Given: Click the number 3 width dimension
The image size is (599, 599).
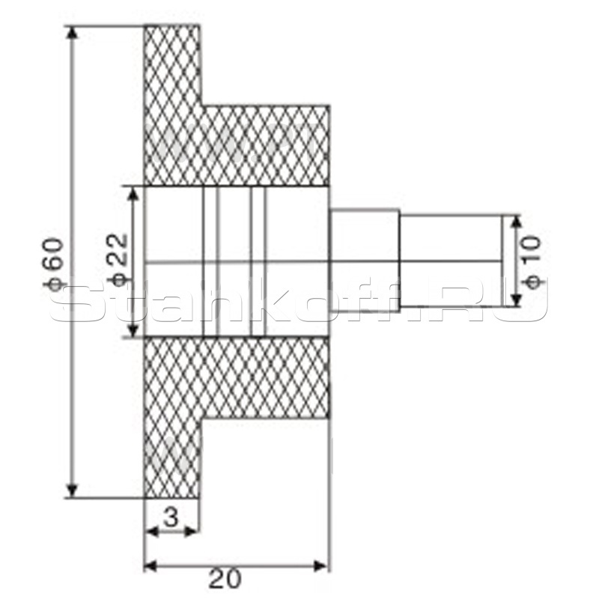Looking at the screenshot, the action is (x=171, y=517).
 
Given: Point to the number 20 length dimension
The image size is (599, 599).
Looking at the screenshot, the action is (x=225, y=579).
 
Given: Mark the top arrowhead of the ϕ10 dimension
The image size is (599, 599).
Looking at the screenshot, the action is (x=516, y=222).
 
